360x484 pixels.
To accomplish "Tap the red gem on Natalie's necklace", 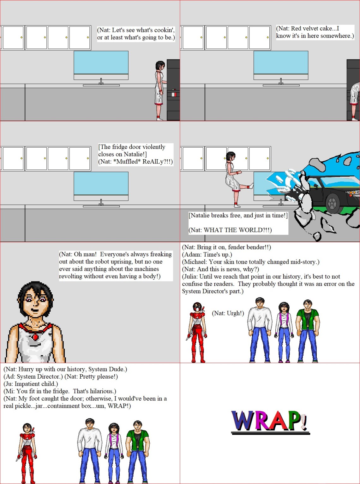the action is tap(35, 337).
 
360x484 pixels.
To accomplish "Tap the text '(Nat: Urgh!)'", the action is tap(228, 313).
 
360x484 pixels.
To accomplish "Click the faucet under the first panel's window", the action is tap(101, 81).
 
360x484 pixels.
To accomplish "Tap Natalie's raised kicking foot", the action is tap(251, 186).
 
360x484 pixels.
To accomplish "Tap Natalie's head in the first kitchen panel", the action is tap(160, 65).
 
